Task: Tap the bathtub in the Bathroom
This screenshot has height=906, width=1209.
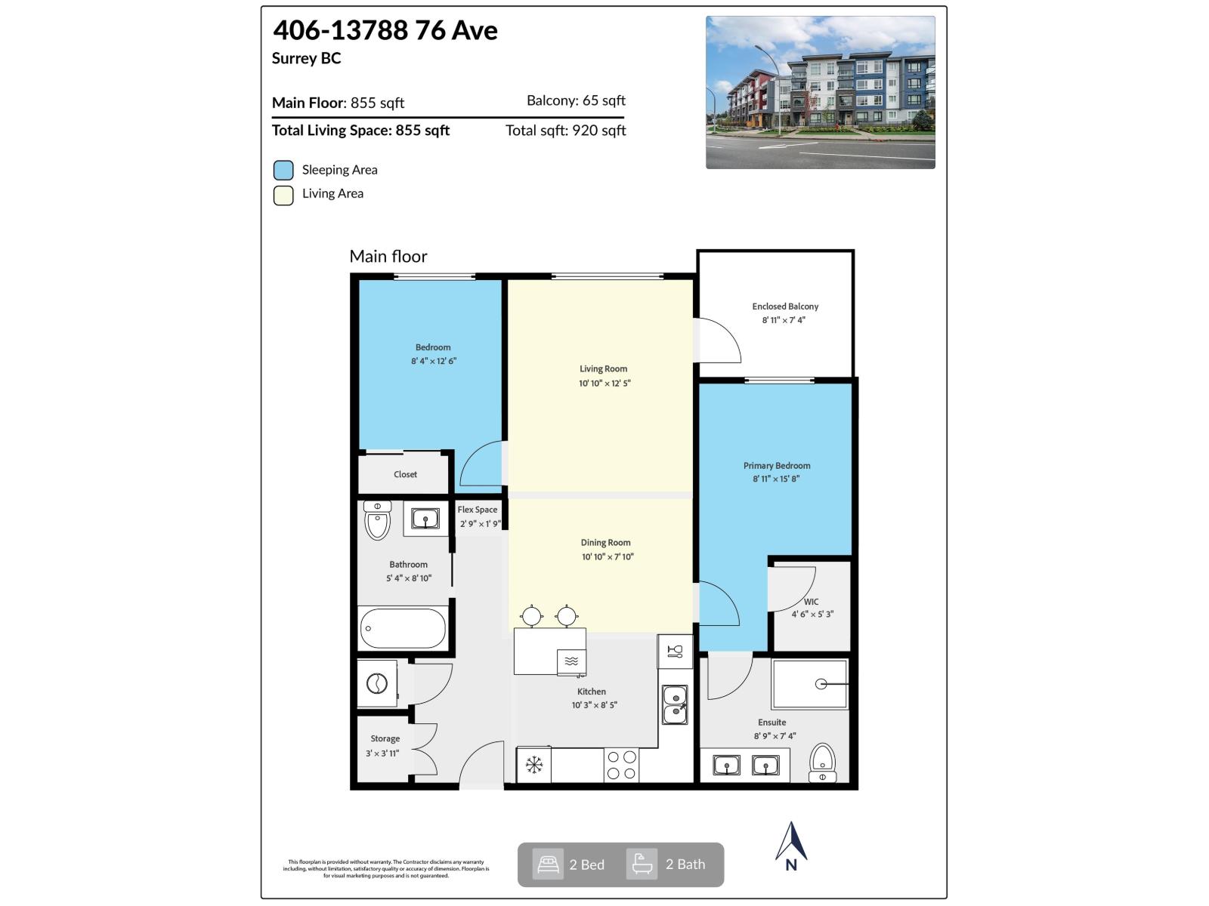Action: (x=403, y=628)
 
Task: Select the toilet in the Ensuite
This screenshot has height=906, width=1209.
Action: (x=822, y=762)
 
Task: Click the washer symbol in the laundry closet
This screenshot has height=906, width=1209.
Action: (x=377, y=684)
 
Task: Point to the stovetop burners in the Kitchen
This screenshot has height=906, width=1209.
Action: (x=621, y=764)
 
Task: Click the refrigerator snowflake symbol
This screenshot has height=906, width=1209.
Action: (x=534, y=765)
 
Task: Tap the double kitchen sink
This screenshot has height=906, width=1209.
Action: (x=675, y=704)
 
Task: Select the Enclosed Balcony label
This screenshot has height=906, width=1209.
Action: (x=785, y=307)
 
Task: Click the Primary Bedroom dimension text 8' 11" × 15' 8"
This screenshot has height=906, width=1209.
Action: (x=776, y=479)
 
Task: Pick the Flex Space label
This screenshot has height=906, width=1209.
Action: (x=478, y=510)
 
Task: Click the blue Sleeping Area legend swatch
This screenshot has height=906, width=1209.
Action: (x=283, y=171)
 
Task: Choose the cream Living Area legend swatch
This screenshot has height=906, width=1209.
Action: (x=283, y=195)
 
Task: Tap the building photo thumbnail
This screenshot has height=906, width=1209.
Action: (x=820, y=92)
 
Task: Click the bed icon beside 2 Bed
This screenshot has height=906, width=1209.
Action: (x=548, y=864)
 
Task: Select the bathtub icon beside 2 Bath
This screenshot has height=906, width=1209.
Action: (x=642, y=864)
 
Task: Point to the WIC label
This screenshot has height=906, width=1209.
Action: (x=811, y=602)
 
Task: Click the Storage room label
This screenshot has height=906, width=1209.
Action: (x=385, y=739)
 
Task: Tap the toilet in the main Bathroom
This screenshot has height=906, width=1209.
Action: (x=377, y=520)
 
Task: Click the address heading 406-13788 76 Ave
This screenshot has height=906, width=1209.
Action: (x=385, y=31)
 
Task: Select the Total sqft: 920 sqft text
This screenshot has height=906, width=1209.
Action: (x=565, y=131)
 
